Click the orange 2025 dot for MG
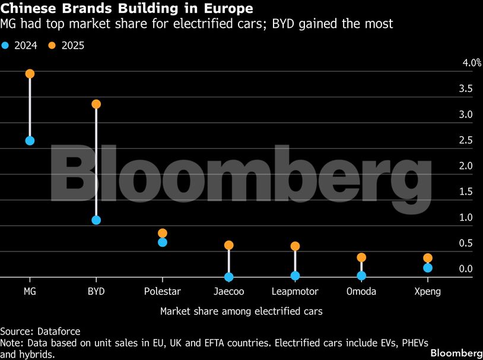click(30, 74)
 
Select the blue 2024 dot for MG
click(30, 141)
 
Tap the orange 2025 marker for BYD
click(96, 104)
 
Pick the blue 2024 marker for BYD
click(96, 220)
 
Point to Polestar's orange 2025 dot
click(163, 233)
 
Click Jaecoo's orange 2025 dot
click(229, 245)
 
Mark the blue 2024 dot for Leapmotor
click(295, 276)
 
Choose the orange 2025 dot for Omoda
click(361, 257)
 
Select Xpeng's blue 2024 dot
click(428, 268)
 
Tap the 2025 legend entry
click(66, 45)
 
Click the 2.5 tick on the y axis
click(466, 141)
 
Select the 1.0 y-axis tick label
click(466, 218)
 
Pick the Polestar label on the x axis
click(163, 291)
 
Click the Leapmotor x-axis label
click(295, 291)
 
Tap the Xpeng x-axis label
click(428, 291)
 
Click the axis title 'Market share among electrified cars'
click(241, 311)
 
